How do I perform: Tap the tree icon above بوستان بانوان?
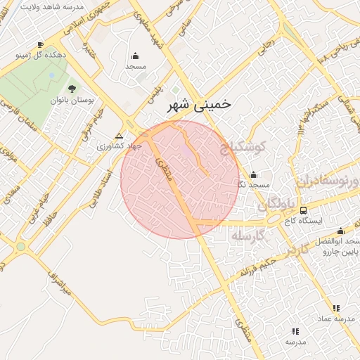coord(72,89)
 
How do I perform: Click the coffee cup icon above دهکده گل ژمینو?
coord(41,44)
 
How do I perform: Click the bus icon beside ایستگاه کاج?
coord(303,210)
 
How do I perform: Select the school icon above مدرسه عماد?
coord(335,308)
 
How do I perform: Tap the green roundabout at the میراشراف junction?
coord(20,247)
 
